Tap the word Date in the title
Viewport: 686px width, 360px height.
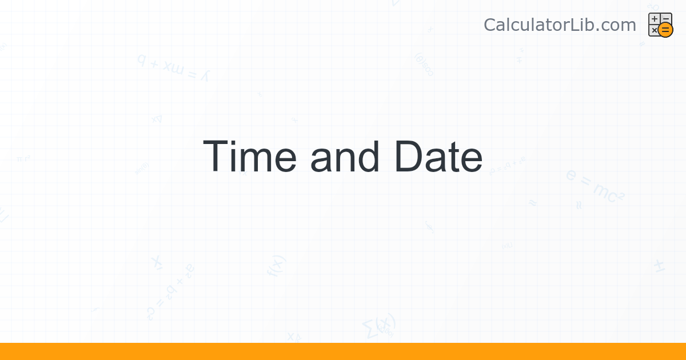437,157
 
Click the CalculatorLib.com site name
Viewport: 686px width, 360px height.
560,25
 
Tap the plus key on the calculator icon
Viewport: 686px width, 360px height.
655,19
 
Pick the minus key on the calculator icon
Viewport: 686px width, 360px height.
666,19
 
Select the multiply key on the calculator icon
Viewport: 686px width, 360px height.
655,30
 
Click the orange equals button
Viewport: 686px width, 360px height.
665,30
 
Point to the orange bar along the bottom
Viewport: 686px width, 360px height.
343,351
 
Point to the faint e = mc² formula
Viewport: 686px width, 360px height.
595,186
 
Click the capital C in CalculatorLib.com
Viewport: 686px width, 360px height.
490,25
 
